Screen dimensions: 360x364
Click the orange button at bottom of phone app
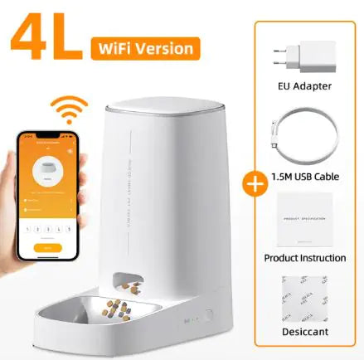click(x=51, y=246)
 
